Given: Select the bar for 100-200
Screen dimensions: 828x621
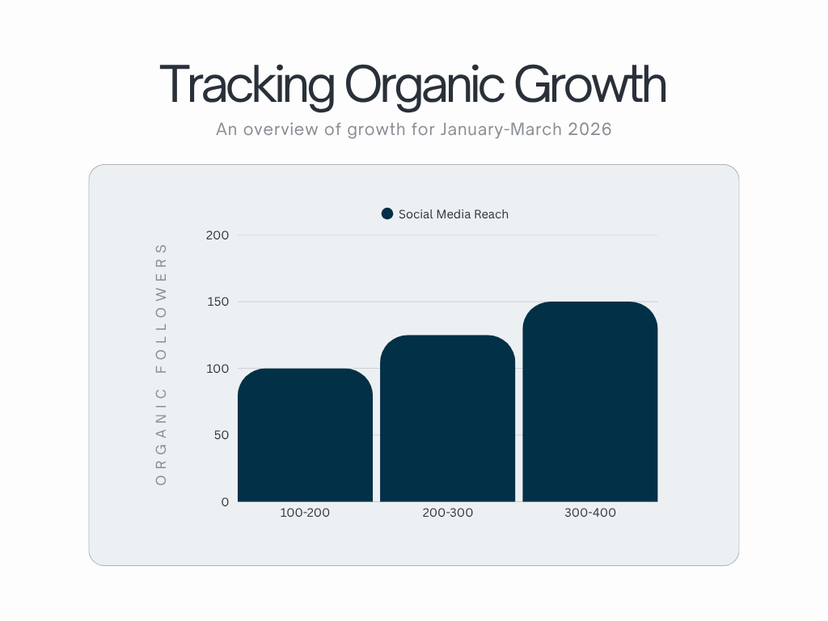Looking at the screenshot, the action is point(305,435).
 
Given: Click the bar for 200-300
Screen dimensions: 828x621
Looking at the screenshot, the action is point(448,418).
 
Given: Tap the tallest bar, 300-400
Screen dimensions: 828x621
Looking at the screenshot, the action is point(590,401).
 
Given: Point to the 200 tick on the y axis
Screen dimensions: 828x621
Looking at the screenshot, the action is point(218,235).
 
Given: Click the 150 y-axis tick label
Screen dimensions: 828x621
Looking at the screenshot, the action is point(218,302).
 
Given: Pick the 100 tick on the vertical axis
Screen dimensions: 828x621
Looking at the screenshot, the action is point(218,369).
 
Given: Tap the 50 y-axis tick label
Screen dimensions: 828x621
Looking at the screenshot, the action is point(222,435).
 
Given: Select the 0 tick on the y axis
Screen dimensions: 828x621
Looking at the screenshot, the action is point(225,501).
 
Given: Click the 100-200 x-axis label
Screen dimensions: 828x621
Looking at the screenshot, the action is point(305,512).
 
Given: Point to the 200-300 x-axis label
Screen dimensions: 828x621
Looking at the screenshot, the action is point(448,512).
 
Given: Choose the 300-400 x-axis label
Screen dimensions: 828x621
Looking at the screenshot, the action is point(590,512).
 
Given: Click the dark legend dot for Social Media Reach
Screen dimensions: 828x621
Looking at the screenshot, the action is point(387,213).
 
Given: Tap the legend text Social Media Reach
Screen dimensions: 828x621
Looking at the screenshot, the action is point(454,213).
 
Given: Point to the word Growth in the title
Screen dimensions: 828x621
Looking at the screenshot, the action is point(590,83).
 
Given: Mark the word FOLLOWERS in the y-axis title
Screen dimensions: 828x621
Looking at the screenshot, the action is point(161,308).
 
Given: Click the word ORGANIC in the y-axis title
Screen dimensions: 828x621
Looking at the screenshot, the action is point(161,437).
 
